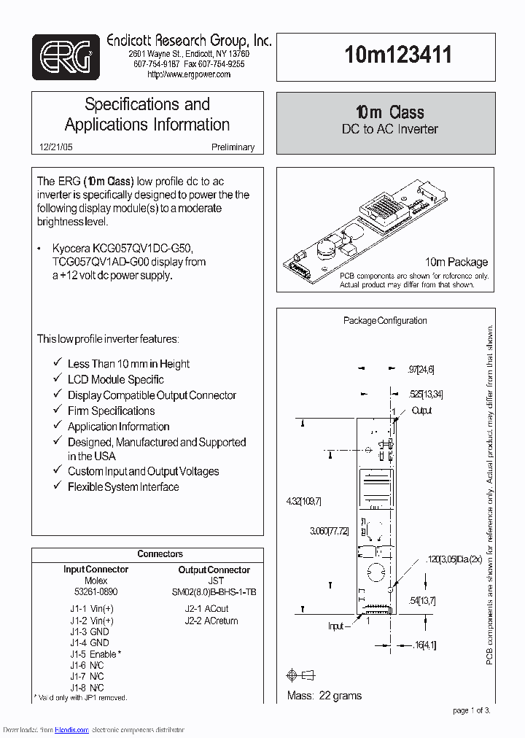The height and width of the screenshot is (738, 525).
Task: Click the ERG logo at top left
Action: [x=66, y=57]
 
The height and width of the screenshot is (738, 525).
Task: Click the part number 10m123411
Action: [x=398, y=55]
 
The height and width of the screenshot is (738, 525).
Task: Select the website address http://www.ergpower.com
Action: [x=189, y=74]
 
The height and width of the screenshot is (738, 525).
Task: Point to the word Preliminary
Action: [x=233, y=147]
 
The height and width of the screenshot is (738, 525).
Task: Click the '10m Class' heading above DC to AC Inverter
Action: [x=390, y=112]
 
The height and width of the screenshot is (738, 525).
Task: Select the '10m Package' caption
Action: [x=456, y=262]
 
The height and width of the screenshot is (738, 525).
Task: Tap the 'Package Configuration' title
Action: [x=385, y=320]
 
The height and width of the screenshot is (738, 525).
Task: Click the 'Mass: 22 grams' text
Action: [x=324, y=696]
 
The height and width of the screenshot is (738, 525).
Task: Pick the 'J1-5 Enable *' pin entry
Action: [x=96, y=654]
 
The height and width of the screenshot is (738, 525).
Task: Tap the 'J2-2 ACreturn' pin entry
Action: [x=211, y=621]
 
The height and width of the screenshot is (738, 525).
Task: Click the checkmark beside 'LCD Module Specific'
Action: [x=58, y=379]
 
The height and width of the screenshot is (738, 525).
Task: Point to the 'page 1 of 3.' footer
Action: [x=472, y=710]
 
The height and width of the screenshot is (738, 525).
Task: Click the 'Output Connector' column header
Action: [x=214, y=570]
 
